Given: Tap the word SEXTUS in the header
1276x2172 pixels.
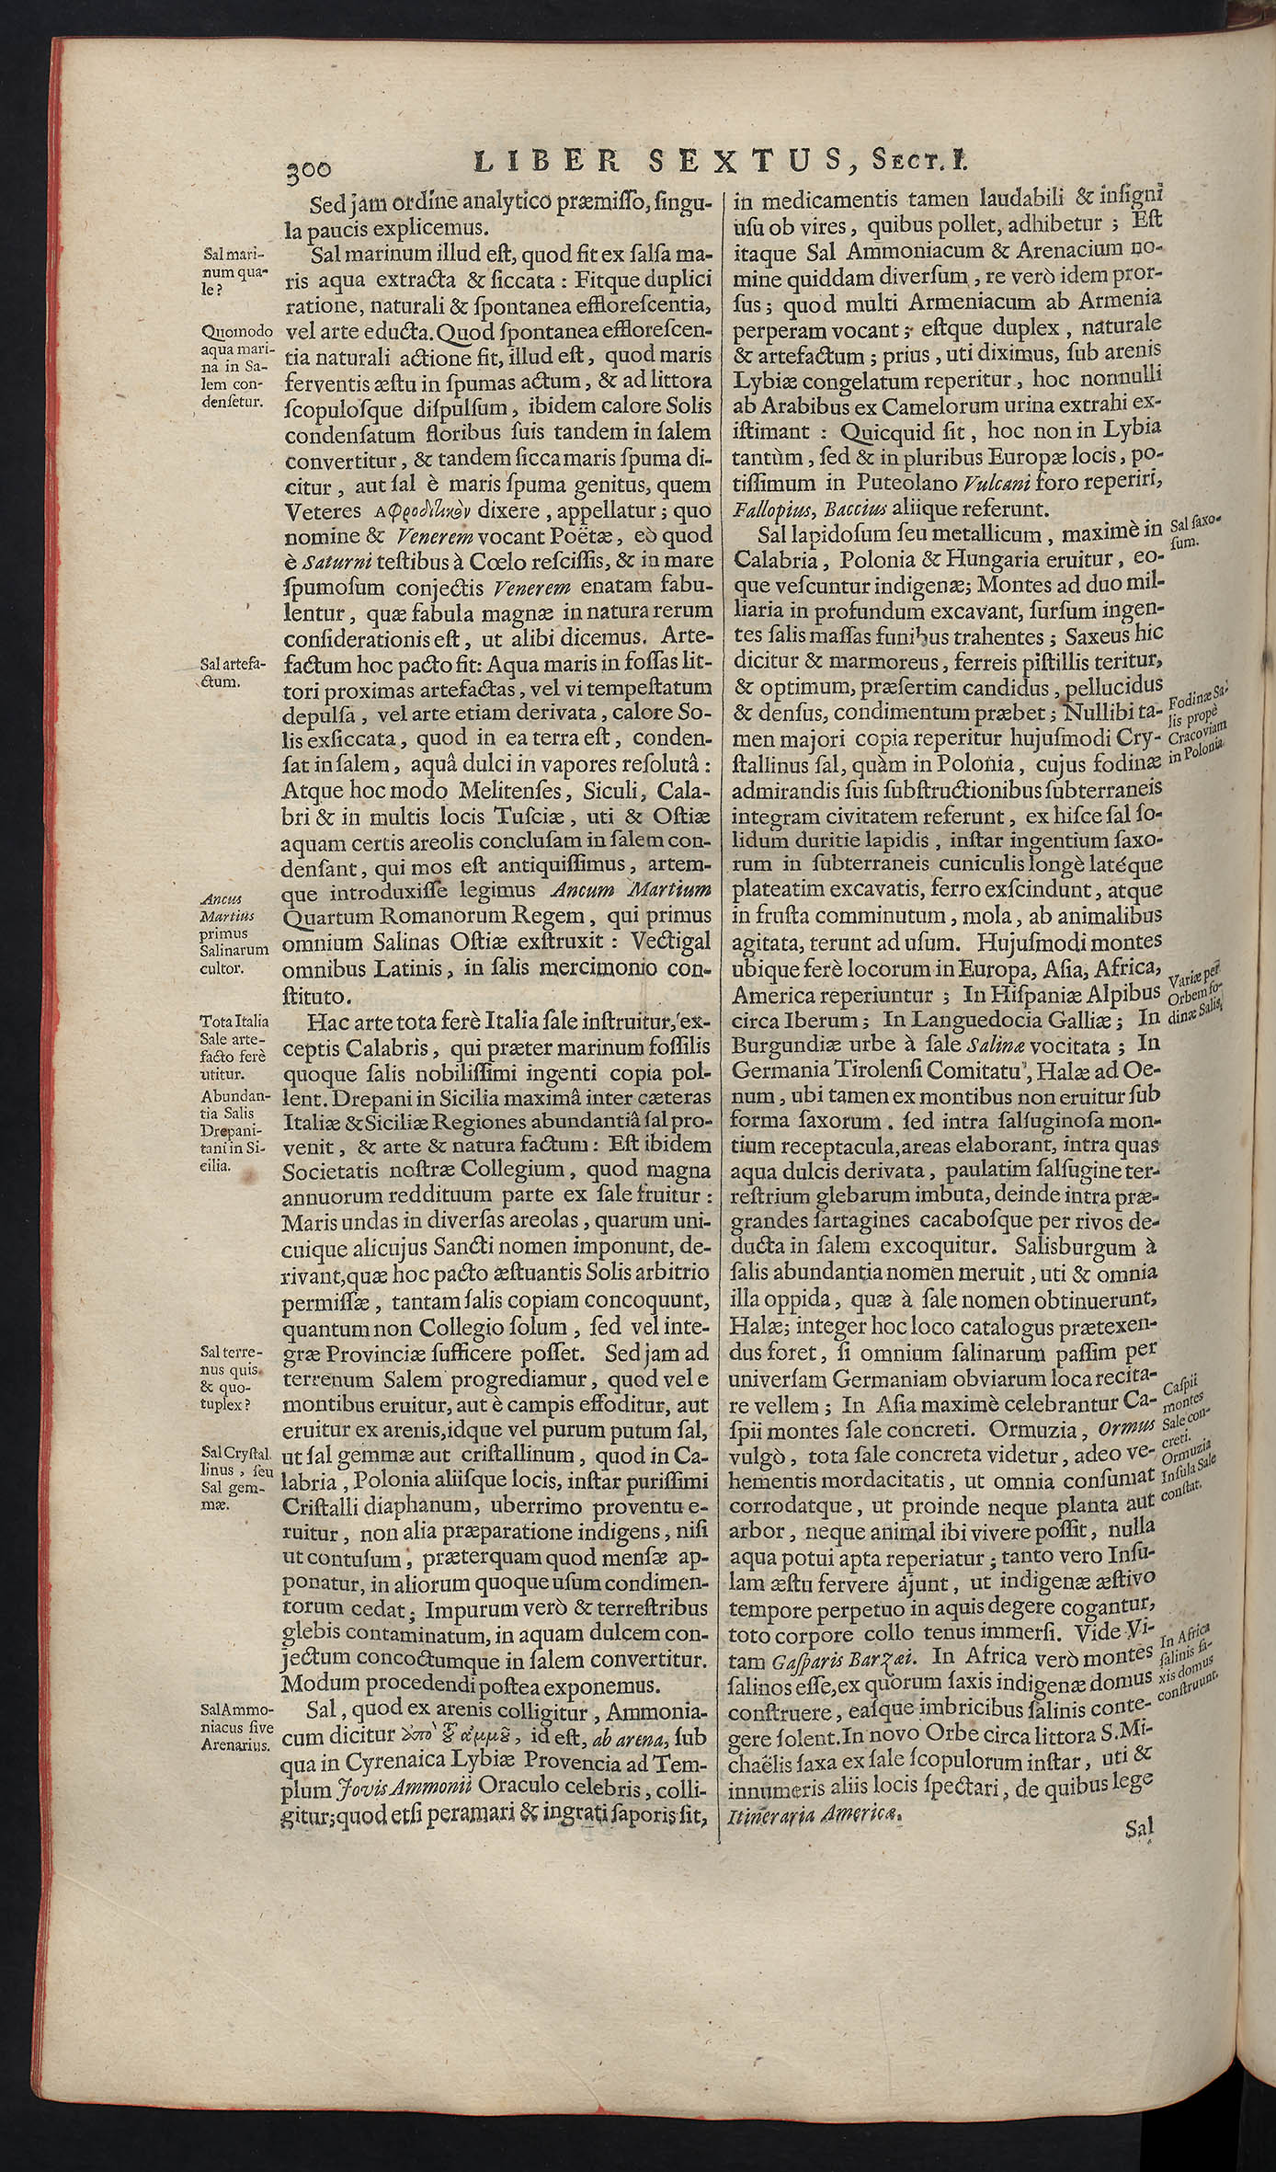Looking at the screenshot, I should tap(745, 163).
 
